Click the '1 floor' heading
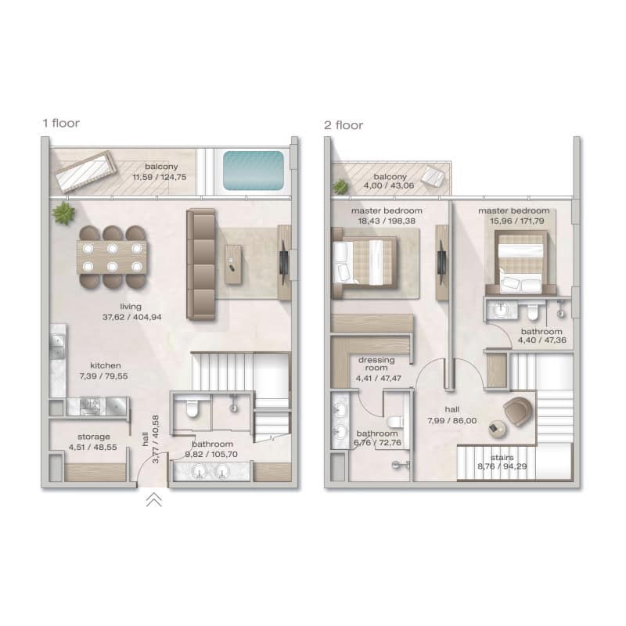tap(61, 124)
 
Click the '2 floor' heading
tap(344, 125)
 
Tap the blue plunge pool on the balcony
tap(254, 171)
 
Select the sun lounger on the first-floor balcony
tap(86, 171)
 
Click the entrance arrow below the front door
tap(153, 500)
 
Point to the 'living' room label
tap(131, 307)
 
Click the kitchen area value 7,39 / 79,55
tap(103, 376)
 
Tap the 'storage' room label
tap(93, 437)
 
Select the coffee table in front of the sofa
tap(233, 264)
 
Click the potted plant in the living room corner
tap(63, 213)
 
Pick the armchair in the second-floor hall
tap(518, 412)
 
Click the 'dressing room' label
tap(376, 364)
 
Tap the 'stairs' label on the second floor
tap(502, 458)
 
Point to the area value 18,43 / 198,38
tap(387, 221)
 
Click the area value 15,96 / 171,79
tap(517, 221)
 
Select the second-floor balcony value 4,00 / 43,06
tap(388, 185)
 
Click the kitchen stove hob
tap(89, 405)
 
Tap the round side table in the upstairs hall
tap(498, 429)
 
